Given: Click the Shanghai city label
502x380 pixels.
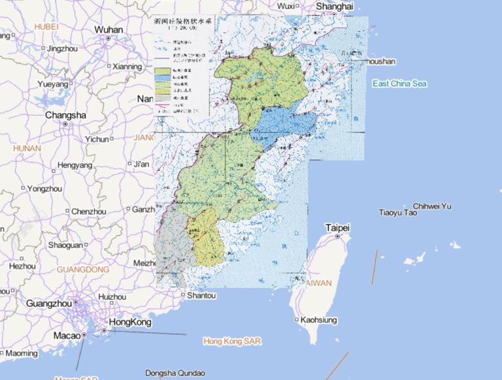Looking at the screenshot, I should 334,6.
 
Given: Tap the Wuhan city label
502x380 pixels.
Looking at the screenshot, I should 108,29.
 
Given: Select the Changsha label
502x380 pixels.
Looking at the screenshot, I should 65,115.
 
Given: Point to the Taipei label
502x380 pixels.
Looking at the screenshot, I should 337,228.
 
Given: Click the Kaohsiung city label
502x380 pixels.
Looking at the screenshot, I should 319,320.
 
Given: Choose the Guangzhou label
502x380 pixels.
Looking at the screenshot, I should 48,303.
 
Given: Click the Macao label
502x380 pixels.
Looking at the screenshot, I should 67,335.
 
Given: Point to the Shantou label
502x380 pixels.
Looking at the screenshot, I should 201,296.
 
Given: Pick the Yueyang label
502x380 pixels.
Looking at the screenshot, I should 52,84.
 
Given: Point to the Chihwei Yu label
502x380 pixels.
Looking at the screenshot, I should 432,206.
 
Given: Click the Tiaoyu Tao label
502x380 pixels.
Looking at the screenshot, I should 398,213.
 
